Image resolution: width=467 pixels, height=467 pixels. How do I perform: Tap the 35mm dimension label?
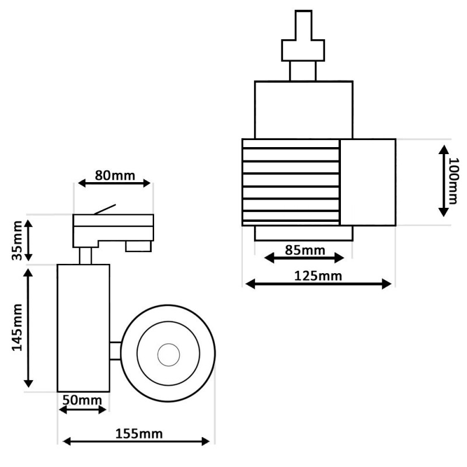[x=19, y=239]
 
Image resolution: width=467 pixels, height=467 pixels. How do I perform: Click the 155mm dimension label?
[x=139, y=433]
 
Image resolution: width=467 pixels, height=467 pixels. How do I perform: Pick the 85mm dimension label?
[x=304, y=250]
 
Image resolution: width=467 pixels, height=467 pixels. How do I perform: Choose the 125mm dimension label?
[x=319, y=276]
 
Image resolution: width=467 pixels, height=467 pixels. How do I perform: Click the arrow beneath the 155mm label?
[x=135, y=441]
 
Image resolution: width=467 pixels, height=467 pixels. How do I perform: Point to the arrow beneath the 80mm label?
[x=114, y=183]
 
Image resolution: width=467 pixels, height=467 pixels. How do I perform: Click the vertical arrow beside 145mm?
[x=28, y=328]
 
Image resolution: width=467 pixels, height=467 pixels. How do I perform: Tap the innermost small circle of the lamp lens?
[x=168, y=353]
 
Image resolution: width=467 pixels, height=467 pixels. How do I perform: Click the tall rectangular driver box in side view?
[x=83, y=327]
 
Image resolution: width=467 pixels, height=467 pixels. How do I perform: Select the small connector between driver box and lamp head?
[x=115, y=350]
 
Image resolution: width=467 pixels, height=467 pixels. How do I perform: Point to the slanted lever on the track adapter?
[x=105, y=209]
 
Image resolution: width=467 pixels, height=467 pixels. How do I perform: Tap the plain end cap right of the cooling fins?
[x=368, y=182]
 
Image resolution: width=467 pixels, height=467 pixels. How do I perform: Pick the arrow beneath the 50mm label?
[x=83, y=409]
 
